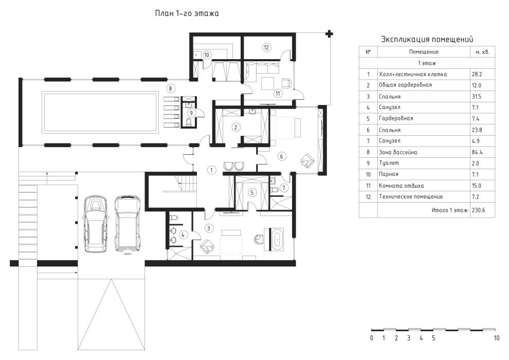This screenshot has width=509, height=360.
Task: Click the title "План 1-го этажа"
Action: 187,13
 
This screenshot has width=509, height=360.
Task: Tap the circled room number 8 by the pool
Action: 170,88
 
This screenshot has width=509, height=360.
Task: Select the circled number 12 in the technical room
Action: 266,47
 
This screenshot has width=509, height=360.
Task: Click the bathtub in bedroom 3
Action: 278,239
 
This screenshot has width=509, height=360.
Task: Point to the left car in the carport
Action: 96,224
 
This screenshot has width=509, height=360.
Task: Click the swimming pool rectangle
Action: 100,112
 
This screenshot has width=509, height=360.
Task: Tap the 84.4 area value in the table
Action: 477,152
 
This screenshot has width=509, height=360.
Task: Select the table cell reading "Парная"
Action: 388,174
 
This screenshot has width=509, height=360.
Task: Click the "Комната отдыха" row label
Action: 401,186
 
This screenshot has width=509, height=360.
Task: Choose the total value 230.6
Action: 479,210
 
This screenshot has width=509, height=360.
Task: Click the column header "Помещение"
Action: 424,52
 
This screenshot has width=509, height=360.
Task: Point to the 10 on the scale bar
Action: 496,338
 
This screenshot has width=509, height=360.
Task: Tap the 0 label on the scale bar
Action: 372,338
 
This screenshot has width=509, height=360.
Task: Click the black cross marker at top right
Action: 330,33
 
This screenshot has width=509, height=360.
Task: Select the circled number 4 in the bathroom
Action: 183,234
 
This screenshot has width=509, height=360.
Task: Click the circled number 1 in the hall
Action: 211,170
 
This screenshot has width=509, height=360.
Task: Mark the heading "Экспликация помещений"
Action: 427,39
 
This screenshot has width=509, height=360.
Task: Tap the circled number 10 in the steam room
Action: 207,55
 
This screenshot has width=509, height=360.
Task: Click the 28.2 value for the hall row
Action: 477,75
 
